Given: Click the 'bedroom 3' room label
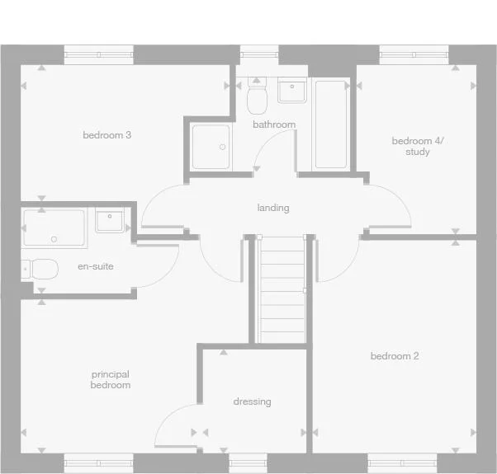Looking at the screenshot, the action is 107,135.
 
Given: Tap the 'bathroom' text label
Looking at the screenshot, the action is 274,124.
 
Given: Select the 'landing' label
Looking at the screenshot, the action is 273,208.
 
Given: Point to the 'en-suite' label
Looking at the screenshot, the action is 96,266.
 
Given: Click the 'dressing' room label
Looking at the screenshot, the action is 253,401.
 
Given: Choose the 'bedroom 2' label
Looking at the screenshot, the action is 395,356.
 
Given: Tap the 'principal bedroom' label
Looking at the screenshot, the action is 111,380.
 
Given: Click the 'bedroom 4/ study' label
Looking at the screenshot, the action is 418,146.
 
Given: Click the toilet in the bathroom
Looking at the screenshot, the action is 257,96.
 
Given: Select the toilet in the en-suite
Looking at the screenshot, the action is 40,270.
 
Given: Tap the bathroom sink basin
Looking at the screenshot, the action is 292,90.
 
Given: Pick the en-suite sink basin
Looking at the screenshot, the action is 110,220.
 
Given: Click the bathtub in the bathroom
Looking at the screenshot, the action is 331,124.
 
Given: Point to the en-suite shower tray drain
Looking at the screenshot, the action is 54,239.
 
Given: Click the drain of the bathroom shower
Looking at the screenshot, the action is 223,147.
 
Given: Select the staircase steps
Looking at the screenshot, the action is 282,289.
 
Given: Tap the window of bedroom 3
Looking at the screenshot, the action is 99,54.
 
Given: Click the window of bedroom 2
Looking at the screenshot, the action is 402,463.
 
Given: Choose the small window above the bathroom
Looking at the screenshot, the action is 259,54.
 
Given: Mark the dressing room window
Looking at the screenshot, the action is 248,463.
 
